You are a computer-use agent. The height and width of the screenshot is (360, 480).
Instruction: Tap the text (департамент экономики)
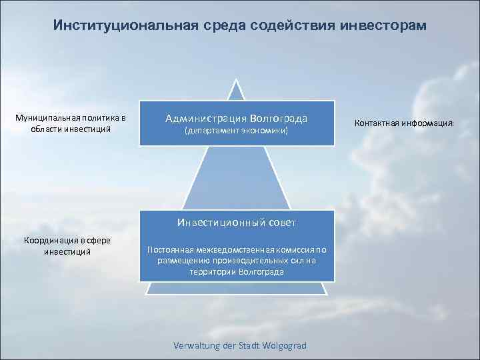tap(236, 131)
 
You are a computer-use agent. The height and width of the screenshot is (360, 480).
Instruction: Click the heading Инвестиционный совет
tap(236, 222)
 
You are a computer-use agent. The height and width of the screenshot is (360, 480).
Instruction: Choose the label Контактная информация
tap(404, 123)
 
